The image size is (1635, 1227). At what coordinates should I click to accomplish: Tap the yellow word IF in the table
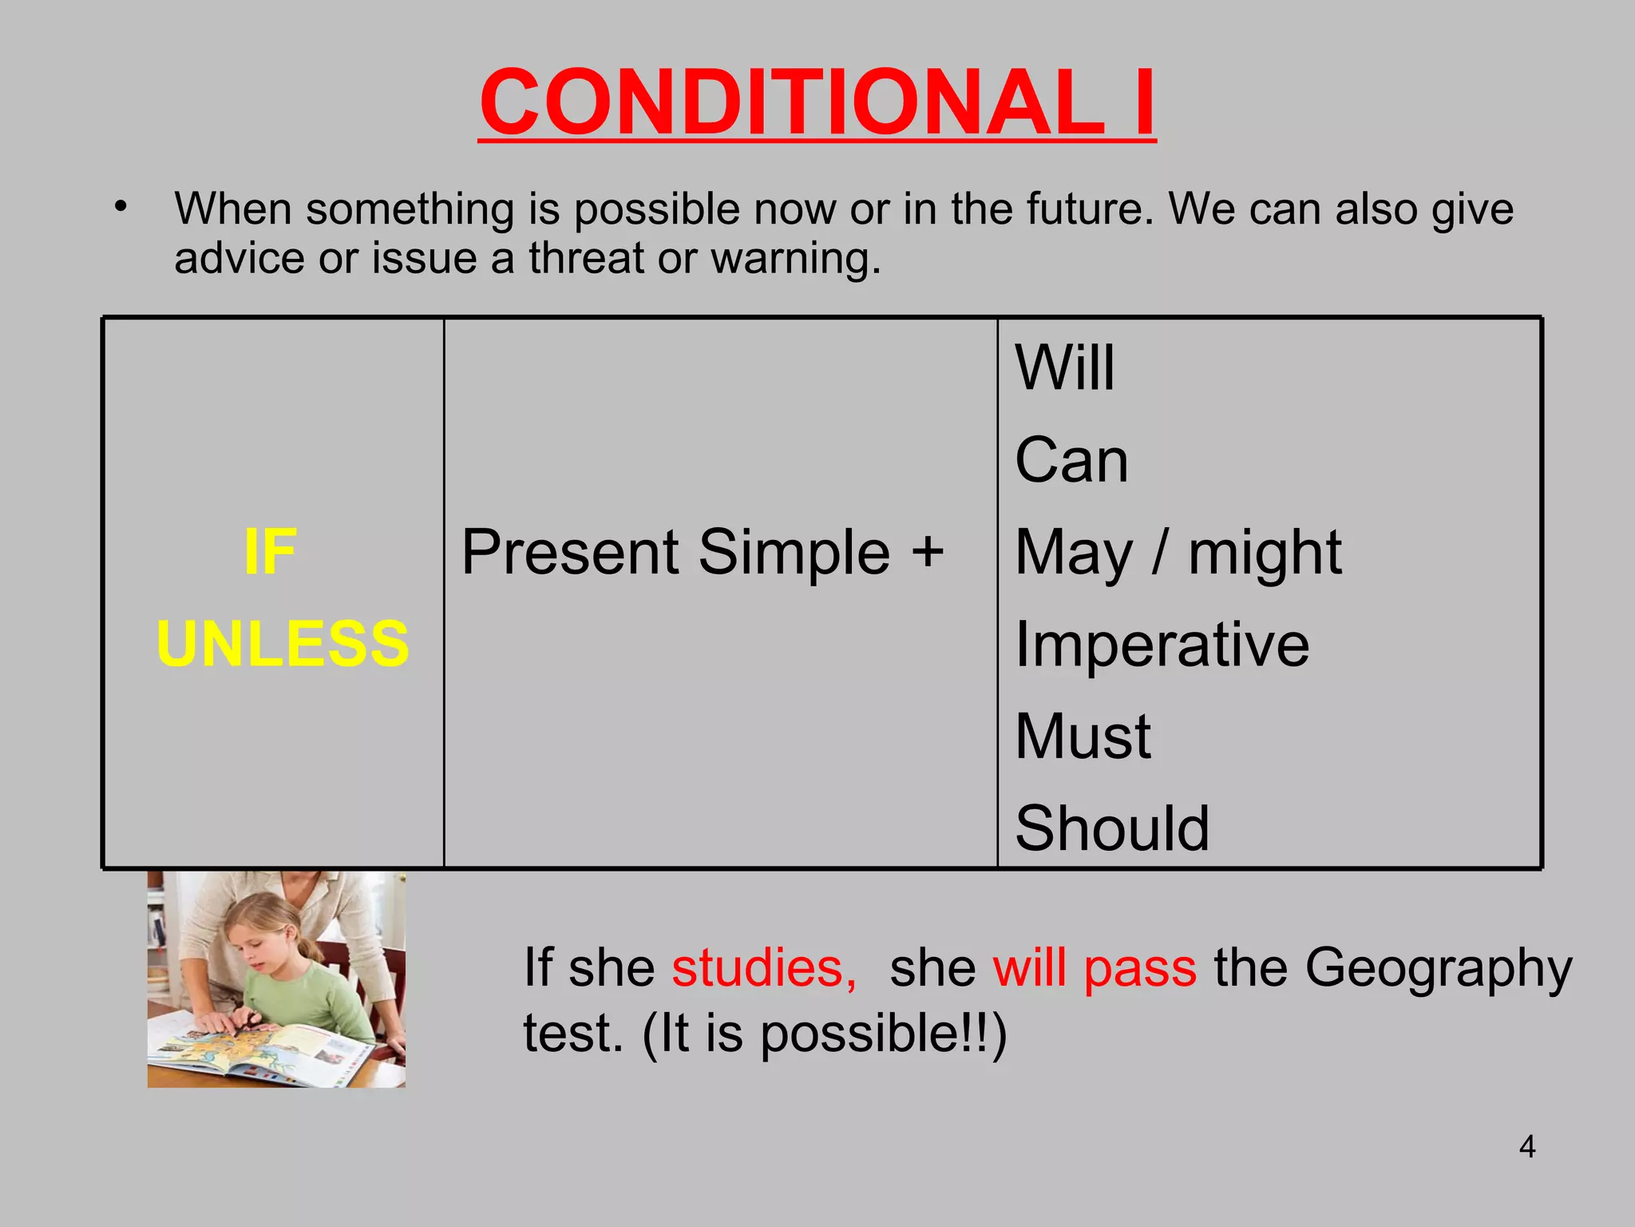coord(270,551)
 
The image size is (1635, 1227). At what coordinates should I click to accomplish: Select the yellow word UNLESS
coord(283,644)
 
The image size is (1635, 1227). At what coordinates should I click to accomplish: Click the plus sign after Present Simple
coord(928,551)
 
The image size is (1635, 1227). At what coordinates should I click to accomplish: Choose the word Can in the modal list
coord(1071,460)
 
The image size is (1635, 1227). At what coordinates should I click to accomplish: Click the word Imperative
coord(1162,644)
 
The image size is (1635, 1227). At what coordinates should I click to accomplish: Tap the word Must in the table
coord(1083,736)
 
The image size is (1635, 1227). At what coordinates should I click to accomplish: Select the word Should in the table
coord(1112,828)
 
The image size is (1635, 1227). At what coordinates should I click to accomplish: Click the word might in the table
coord(1265,553)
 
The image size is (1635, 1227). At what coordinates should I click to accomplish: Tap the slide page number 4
coord(1527,1147)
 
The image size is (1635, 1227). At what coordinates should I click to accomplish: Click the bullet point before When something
coord(121,207)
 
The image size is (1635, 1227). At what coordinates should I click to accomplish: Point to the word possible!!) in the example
coord(883,1034)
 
